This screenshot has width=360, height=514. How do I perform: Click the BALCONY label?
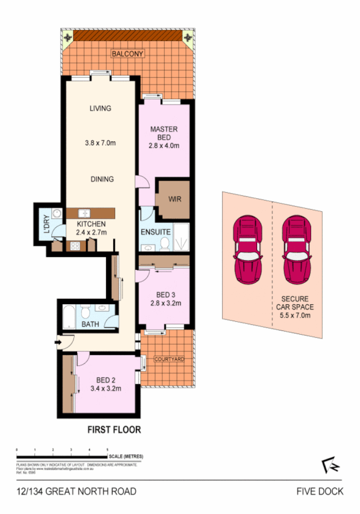(127, 54)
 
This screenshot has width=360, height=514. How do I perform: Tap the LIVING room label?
(100, 108)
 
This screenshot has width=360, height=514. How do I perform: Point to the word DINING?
(102, 179)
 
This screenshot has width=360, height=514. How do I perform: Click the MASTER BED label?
(164, 133)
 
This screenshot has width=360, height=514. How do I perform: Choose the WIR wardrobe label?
(174, 199)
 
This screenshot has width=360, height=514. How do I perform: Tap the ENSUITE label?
(156, 233)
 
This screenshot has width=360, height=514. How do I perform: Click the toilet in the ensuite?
(164, 244)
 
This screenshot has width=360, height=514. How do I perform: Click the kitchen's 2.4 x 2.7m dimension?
(91, 233)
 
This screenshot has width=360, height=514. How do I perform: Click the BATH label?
(90, 324)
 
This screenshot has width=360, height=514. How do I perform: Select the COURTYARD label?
(169, 359)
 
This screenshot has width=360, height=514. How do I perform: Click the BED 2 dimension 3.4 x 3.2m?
(106, 388)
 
